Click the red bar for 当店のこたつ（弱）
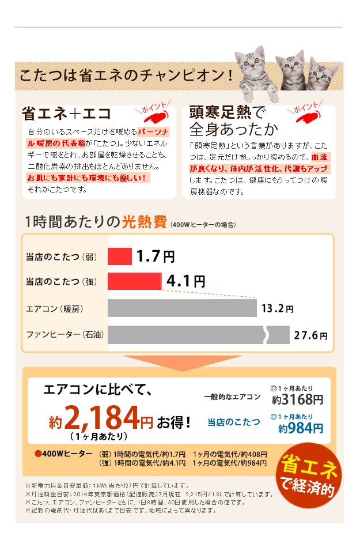(x=120, y=256)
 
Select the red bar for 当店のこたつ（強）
(x=134, y=281)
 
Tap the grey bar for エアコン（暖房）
(x=182, y=308)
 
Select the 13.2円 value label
(x=277, y=308)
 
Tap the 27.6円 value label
(x=310, y=335)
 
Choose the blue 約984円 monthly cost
(x=301, y=428)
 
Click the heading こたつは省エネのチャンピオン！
(x=127, y=76)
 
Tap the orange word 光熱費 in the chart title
(x=144, y=222)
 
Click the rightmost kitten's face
(x=326, y=76)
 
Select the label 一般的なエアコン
(x=232, y=397)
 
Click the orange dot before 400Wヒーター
(x=38, y=454)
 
